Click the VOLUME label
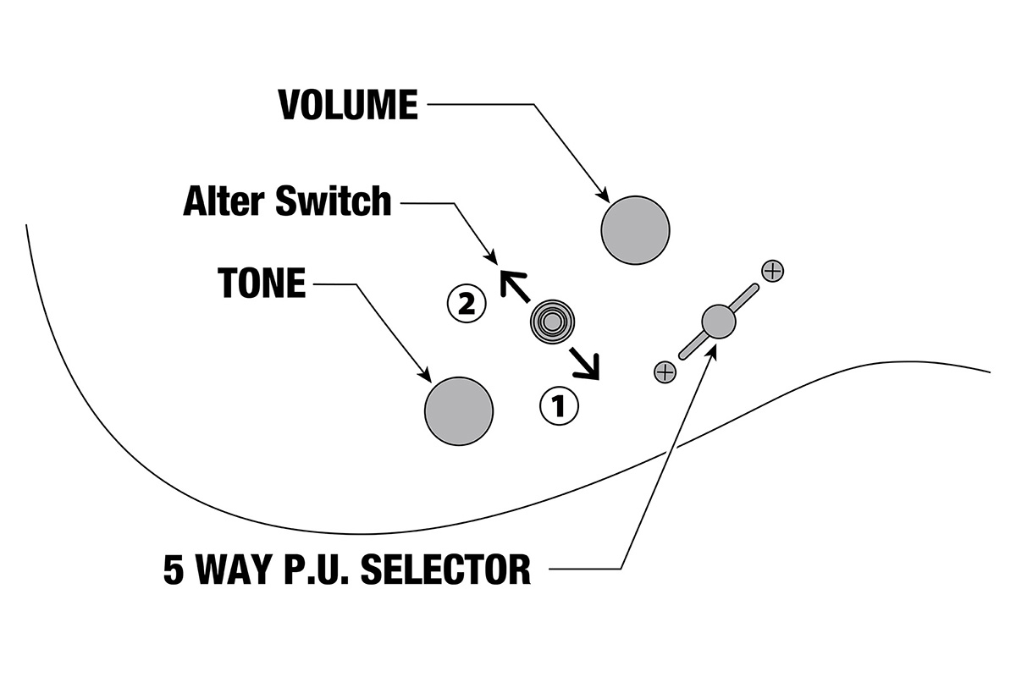pyautogui.click(x=348, y=105)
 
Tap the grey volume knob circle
pyautogui.click(x=635, y=229)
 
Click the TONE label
pyautogui.click(x=262, y=284)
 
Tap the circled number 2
pyautogui.click(x=466, y=305)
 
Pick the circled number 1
pyautogui.click(x=559, y=407)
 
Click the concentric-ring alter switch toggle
pyautogui.click(x=551, y=322)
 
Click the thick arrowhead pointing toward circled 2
pyautogui.click(x=511, y=280)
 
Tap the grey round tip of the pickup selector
pyautogui.click(x=719, y=322)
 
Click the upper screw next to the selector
pyautogui.click(x=772, y=271)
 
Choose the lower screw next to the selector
pyautogui.click(x=665, y=371)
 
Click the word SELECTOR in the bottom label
pyautogui.click(x=446, y=570)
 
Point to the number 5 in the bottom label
pyautogui.click(x=174, y=570)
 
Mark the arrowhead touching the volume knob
pyautogui.click(x=604, y=195)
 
